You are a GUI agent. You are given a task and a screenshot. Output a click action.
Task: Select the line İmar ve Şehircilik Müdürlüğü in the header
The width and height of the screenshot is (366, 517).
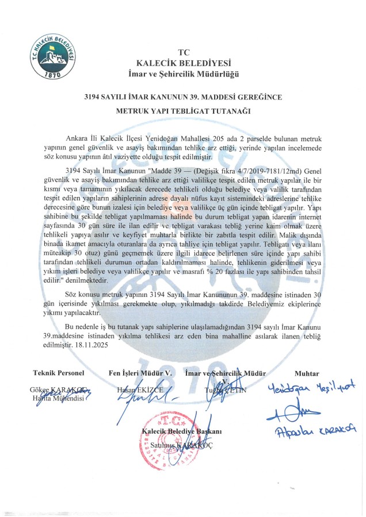pos(184,74)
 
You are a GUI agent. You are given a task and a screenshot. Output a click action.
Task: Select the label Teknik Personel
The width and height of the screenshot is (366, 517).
pos(59,373)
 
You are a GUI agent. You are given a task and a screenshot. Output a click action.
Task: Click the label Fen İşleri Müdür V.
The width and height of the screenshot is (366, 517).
pos(140,373)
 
